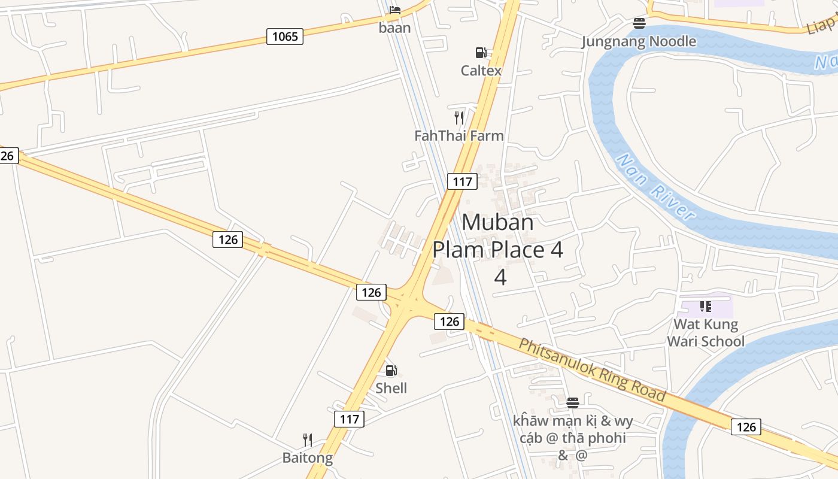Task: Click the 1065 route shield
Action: (285, 37)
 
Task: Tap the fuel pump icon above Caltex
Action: (481, 53)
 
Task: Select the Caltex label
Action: (481, 71)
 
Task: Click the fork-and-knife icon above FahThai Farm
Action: (459, 117)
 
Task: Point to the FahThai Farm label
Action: (459, 136)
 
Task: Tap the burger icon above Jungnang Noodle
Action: (639, 23)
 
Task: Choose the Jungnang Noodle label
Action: (639, 41)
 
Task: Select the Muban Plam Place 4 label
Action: (498, 249)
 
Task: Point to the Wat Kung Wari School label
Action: (706, 333)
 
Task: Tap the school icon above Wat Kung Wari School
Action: (706, 307)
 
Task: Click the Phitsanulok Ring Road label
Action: (592, 369)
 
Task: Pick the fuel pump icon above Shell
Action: (391, 371)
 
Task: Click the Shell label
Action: (391, 389)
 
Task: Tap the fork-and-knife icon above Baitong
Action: (308, 440)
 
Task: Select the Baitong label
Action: (308, 458)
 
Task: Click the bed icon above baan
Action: (395, 10)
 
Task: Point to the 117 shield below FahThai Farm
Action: (462, 181)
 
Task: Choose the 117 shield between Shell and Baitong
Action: (350, 419)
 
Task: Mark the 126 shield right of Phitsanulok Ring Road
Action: (746, 426)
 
